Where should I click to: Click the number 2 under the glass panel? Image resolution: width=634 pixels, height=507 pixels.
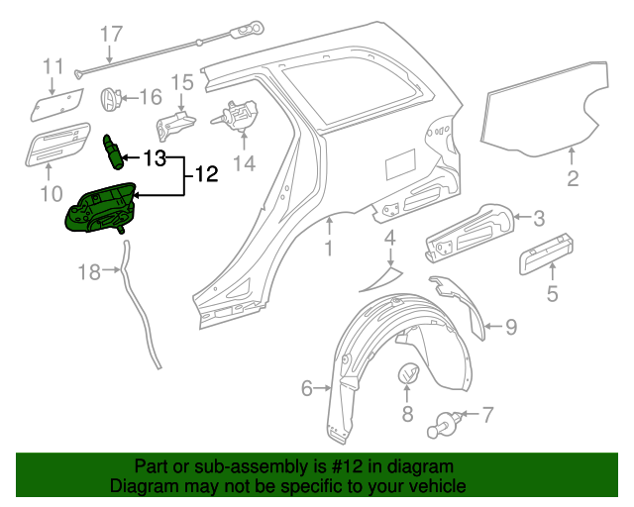[573, 179]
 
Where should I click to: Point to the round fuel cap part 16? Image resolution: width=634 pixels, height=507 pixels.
[112, 98]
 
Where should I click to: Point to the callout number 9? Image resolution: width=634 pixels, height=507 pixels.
[510, 325]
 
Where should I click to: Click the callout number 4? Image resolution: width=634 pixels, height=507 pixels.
[390, 238]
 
